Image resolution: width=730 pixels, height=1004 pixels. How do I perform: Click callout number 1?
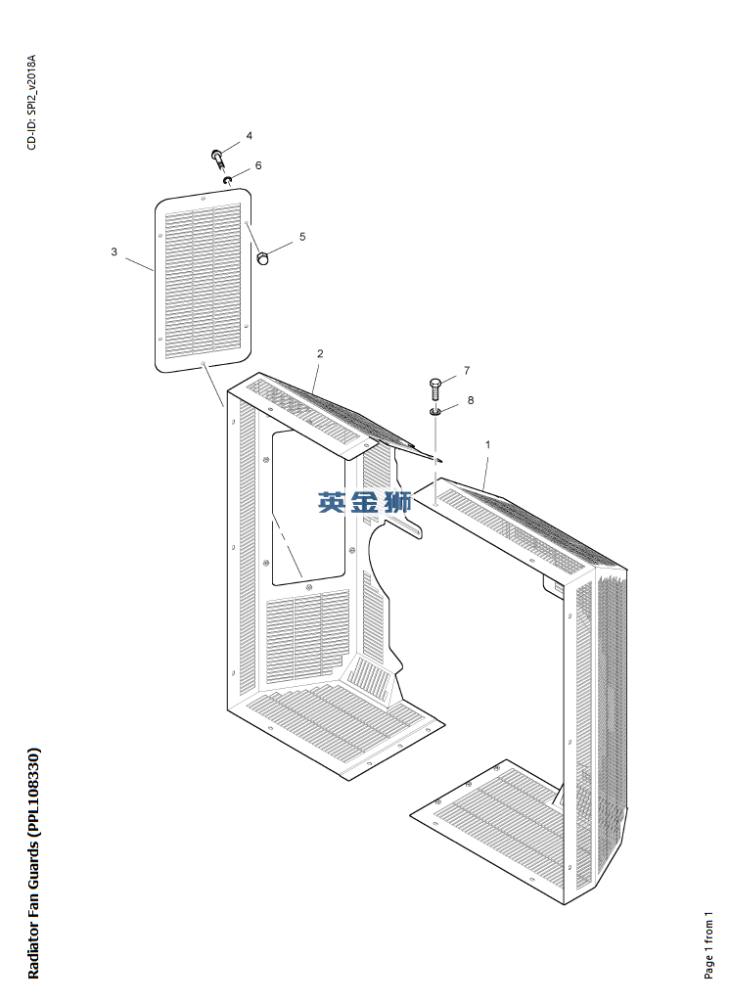[x=488, y=444]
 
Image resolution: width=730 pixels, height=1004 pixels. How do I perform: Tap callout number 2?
[x=320, y=353]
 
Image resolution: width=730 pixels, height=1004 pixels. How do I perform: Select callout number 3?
[x=114, y=251]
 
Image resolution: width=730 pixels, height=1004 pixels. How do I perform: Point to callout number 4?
[x=250, y=136]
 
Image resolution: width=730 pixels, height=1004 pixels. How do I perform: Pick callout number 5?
[x=302, y=237]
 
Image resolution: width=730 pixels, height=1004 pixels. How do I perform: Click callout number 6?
[x=258, y=165]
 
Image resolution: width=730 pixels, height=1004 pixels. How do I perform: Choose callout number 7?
[x=467, y=370]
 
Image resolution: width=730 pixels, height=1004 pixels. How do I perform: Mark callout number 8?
[x=471, y=400]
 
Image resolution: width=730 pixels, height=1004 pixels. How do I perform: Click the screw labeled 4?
[x=218, y=159]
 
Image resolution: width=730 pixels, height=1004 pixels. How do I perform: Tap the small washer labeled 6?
[x=227, y=180]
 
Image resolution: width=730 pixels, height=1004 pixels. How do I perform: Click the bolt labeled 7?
[x=435, y=389]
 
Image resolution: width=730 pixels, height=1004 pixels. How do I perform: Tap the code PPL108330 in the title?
[x=34, y=793]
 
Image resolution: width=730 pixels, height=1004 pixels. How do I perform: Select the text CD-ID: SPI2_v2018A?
[x=32, y=103]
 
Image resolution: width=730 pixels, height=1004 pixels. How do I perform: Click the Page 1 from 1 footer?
[x=708, y=944]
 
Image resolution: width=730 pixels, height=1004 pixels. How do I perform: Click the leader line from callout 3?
[x=139, y=264]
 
